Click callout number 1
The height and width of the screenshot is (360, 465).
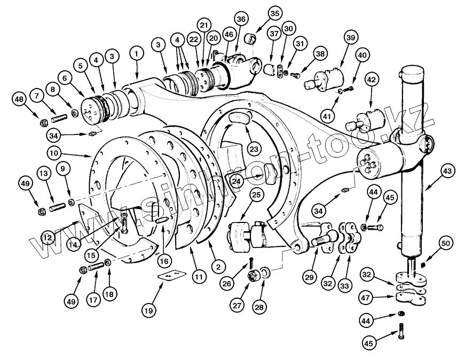click(x=137, y=54)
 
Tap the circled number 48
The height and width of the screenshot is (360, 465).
click(x=19, y=99)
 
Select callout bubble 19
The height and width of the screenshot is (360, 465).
click(x=148, y=310)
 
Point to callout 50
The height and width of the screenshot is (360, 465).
click(x=446, y=243)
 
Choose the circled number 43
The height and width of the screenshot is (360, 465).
click(x=447, y=171)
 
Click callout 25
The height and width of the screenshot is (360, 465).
click(x=256, y=195)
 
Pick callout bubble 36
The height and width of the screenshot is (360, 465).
click(x=241, y=19)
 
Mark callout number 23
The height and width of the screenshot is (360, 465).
click(x=254, y=149)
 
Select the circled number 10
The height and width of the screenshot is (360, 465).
click(x=54, y=153)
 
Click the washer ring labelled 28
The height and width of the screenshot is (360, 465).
click(x=265, y=271)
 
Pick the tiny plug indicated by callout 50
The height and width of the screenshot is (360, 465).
click(x=424, y=265)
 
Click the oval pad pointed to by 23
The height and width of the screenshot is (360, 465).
click(x=240, y=118)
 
